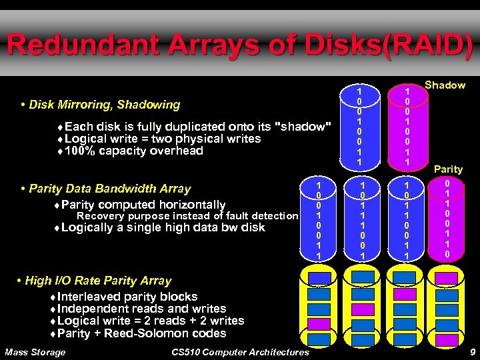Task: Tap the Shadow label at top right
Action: pyautogui.click(x=445, y=85)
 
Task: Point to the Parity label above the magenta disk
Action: pyautogui.click(x=448, y=170)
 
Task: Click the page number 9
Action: pyautogui.click(x=471, y=351)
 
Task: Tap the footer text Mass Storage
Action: pyautogui.click(x=35, y=352)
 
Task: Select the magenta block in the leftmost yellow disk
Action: pyautogui.click(x=319, y=324)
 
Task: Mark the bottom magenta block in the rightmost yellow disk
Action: pyautogui.click(x=446, y=340)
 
